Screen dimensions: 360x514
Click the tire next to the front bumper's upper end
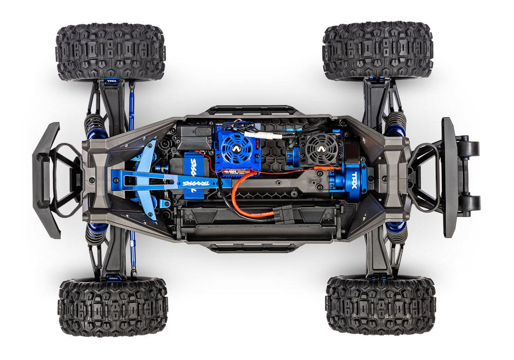[x=111, y=51]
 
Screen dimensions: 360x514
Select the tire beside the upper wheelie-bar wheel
[x=378, y=50]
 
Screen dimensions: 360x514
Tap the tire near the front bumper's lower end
[x=113, y=307]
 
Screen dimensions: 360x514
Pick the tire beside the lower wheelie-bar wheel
[x=380, y=305]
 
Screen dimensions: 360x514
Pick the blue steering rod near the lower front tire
[x=133, y=252]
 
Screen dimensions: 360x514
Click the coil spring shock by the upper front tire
[x=96, y=125]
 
